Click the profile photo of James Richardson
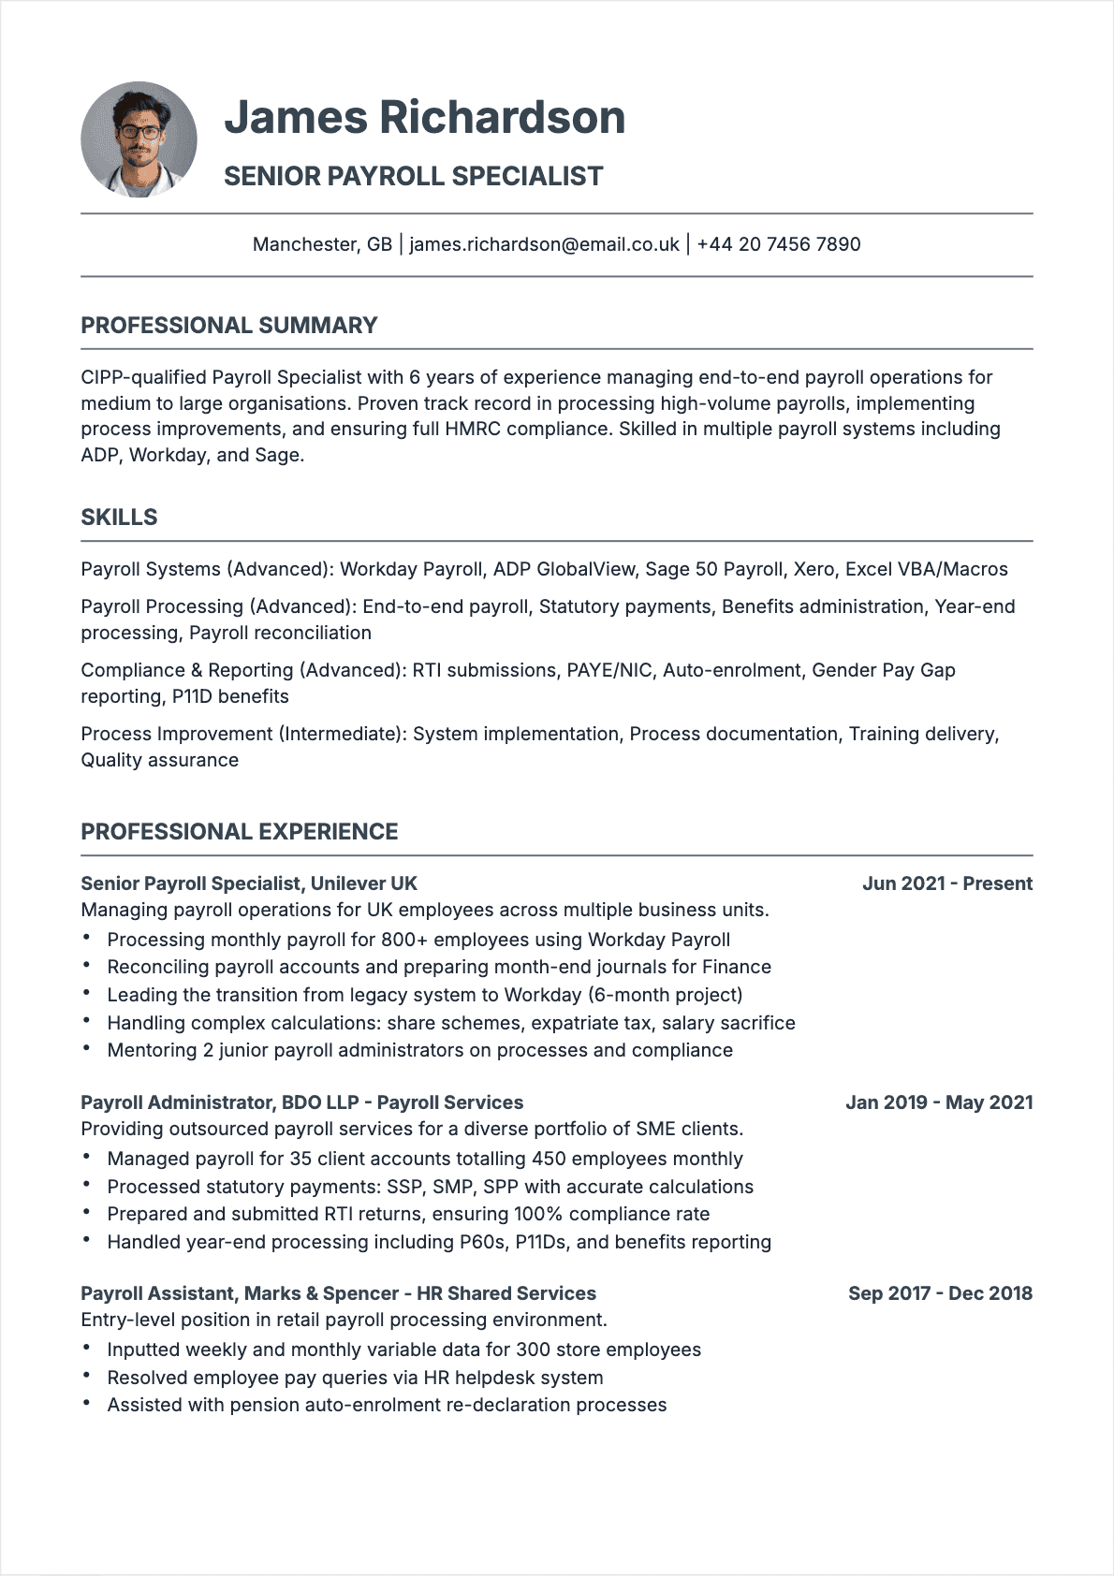point(139,139)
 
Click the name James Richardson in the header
point(424,118)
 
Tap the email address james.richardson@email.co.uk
point(544,244)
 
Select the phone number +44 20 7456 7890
point(778,244)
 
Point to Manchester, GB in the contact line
point(322,244)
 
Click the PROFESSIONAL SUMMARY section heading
point(228,326)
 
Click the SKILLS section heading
point(119,518)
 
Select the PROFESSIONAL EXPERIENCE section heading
point(239,832)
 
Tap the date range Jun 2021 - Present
point(946,883)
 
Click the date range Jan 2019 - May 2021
point(939,1102)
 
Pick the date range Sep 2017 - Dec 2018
point(940,1293)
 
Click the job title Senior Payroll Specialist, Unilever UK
point(248,883)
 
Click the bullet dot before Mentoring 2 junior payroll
point(86,1048)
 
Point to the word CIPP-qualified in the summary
point(142,377)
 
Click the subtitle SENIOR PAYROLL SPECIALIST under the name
point(413,176)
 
